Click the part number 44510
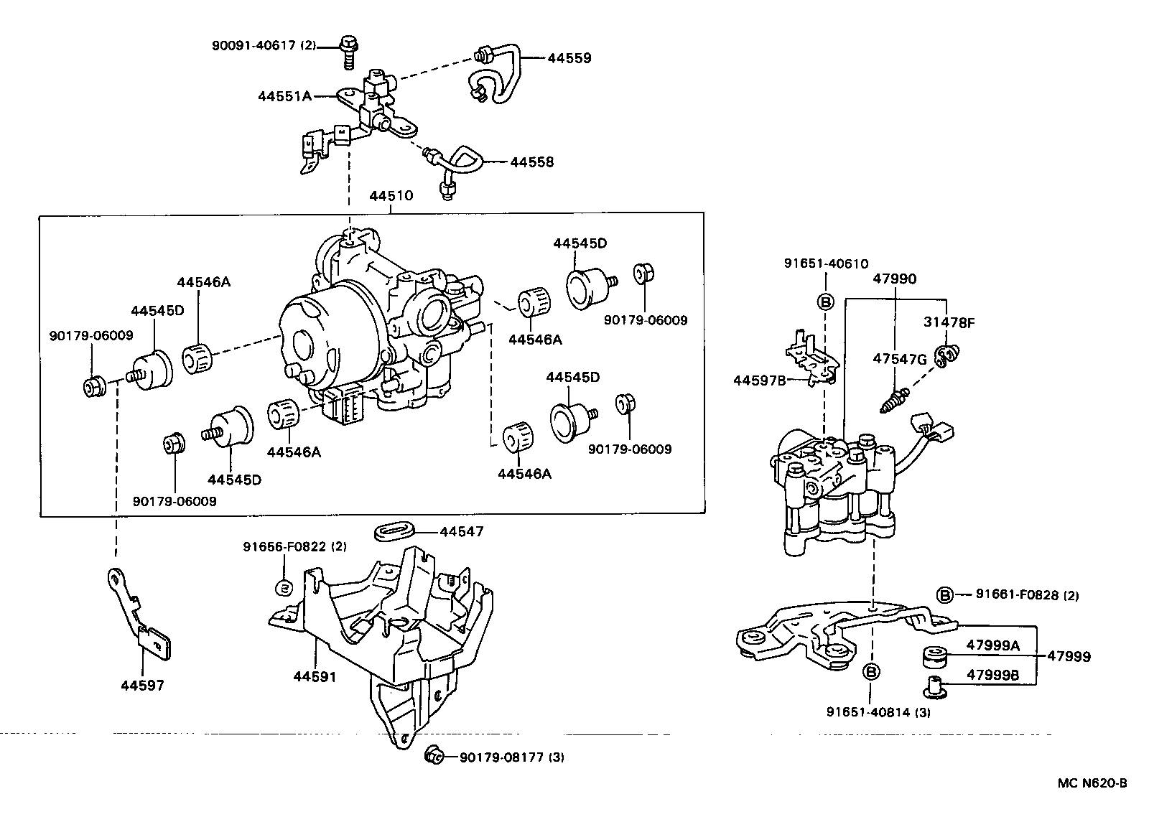[391, 195]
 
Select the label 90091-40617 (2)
[264, 45]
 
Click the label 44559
[569, 58]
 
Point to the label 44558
[531, 162]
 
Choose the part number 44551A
[285, 95]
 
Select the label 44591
[315, 676]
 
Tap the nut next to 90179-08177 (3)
[434, 755]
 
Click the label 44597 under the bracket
[142, 685]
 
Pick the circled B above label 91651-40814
[870, 672]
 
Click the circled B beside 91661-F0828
[945, 594]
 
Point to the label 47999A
[992, 645]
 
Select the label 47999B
[992, 675]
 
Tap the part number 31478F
[949, 322]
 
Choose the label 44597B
[760, 380]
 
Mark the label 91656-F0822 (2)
[294, 546]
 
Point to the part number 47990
[894, 279]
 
